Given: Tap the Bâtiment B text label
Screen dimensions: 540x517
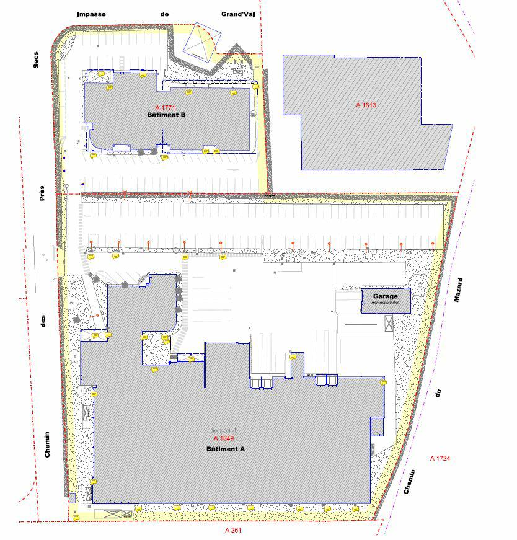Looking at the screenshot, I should (x=166, y=115).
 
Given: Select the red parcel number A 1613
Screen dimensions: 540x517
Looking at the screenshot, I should (x=366, y=105).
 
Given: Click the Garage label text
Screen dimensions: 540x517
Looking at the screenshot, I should (x=385, y=297).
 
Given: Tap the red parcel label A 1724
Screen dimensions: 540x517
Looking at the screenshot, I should (x=440, y=458).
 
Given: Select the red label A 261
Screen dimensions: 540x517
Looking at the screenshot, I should (x=233, y=531).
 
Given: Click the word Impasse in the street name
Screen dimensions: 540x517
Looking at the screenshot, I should (x=91, y=14).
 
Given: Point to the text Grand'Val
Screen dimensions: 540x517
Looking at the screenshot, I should (x=238, y=14).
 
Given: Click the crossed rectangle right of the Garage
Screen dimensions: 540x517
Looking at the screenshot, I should (x=389, y=323).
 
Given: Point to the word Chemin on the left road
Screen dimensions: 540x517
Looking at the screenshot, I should (x=48, y=445).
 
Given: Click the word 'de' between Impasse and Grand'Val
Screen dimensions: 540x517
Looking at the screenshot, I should (x=164, y=14).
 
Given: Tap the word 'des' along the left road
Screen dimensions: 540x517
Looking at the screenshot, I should (x=43, y=321).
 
